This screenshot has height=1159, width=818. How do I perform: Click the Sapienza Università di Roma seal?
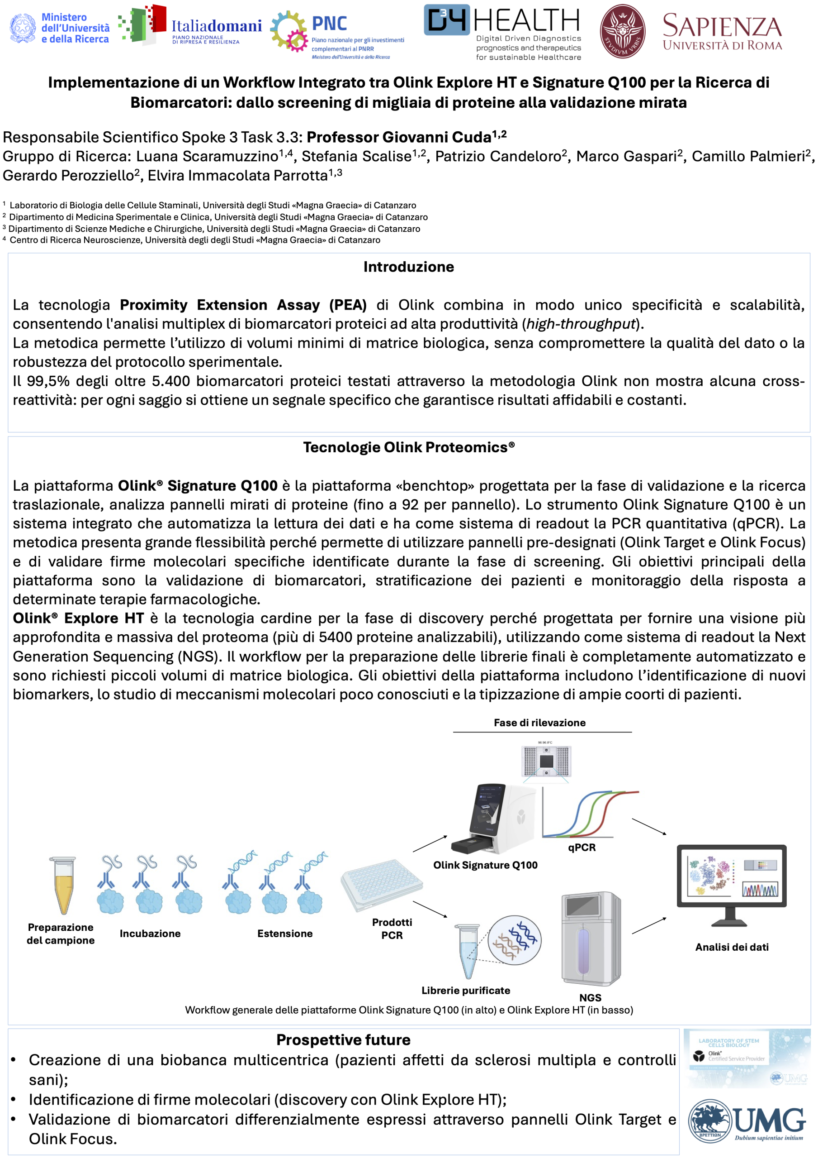622,31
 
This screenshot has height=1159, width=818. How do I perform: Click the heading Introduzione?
408,267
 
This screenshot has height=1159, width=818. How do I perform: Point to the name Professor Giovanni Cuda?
399,137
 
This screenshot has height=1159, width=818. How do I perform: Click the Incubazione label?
150,934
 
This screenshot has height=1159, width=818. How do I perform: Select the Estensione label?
285,934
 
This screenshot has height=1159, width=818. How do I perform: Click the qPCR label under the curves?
582,848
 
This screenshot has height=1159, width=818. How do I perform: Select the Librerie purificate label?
465,991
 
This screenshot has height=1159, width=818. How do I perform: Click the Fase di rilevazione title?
539,723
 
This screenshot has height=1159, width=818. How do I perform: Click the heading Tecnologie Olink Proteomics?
408,447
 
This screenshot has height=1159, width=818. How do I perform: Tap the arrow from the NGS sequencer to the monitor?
649,925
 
